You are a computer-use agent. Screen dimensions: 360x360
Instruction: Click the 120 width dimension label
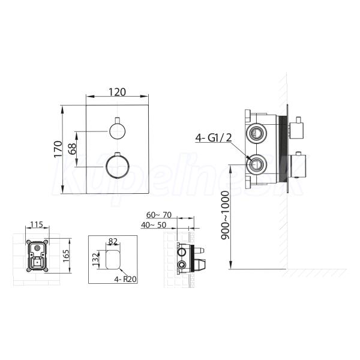coord(117,92)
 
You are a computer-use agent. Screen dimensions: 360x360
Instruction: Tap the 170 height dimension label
coord(58,149)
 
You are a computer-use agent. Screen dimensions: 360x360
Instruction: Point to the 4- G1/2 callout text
coord(214,138)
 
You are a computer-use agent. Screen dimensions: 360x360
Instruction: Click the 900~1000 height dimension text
coord(225,215)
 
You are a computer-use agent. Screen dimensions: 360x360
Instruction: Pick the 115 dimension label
coord(37,224)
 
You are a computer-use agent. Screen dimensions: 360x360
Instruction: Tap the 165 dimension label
coord(66,256)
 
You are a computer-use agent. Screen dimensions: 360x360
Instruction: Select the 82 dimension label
coord(113,241)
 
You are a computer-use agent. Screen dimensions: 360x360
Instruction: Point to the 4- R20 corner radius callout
coord(125,279)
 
